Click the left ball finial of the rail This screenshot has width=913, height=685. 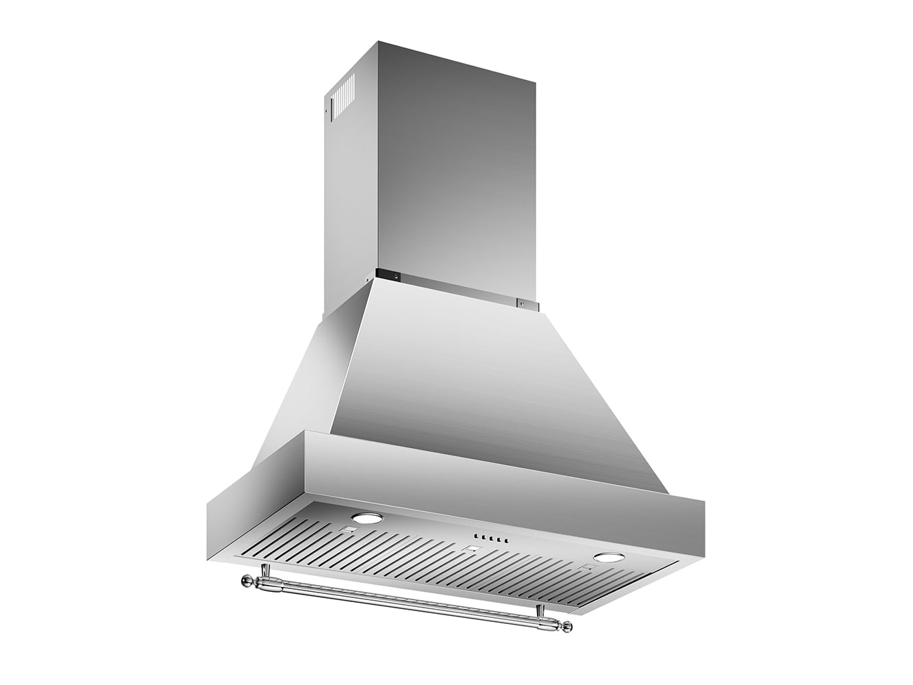tap(244, 582)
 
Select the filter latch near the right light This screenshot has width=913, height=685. tap(586, 568)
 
